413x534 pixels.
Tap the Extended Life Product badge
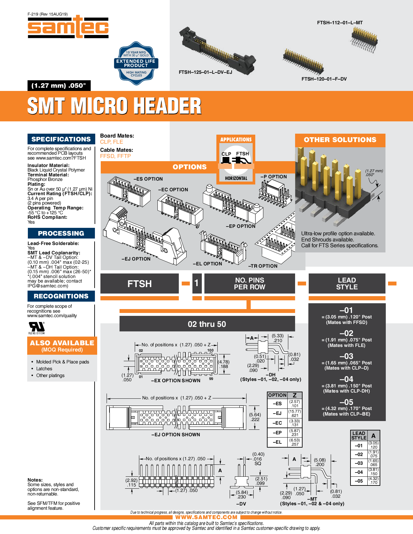click(x=136, y=63)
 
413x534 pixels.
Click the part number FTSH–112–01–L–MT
click(x=340, y=23)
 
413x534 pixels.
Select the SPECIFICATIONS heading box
click(x=61, y=139)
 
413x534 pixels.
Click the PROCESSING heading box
click(x=61, y=233)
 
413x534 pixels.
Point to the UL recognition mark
click(x=37, y=327)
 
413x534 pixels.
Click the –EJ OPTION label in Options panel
click(x=136, y=259)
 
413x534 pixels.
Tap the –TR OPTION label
click(x=263, y=266)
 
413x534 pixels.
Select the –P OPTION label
click(x=274, y=177)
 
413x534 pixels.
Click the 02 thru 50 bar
click(x=207, y=324)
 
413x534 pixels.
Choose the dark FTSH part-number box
click(x=140, y=284)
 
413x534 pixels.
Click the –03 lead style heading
click(x=346, y=356)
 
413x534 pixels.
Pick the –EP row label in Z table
click(x=277, y=433)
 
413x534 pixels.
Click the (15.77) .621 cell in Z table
click(x=294, y=413)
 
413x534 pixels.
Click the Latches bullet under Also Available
click(x=44, y=369)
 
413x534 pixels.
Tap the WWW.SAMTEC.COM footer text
click(x=206, y=517)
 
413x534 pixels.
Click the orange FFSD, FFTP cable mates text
click(x=115, y=156)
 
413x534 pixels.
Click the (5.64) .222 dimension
click(x=255, y=417)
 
